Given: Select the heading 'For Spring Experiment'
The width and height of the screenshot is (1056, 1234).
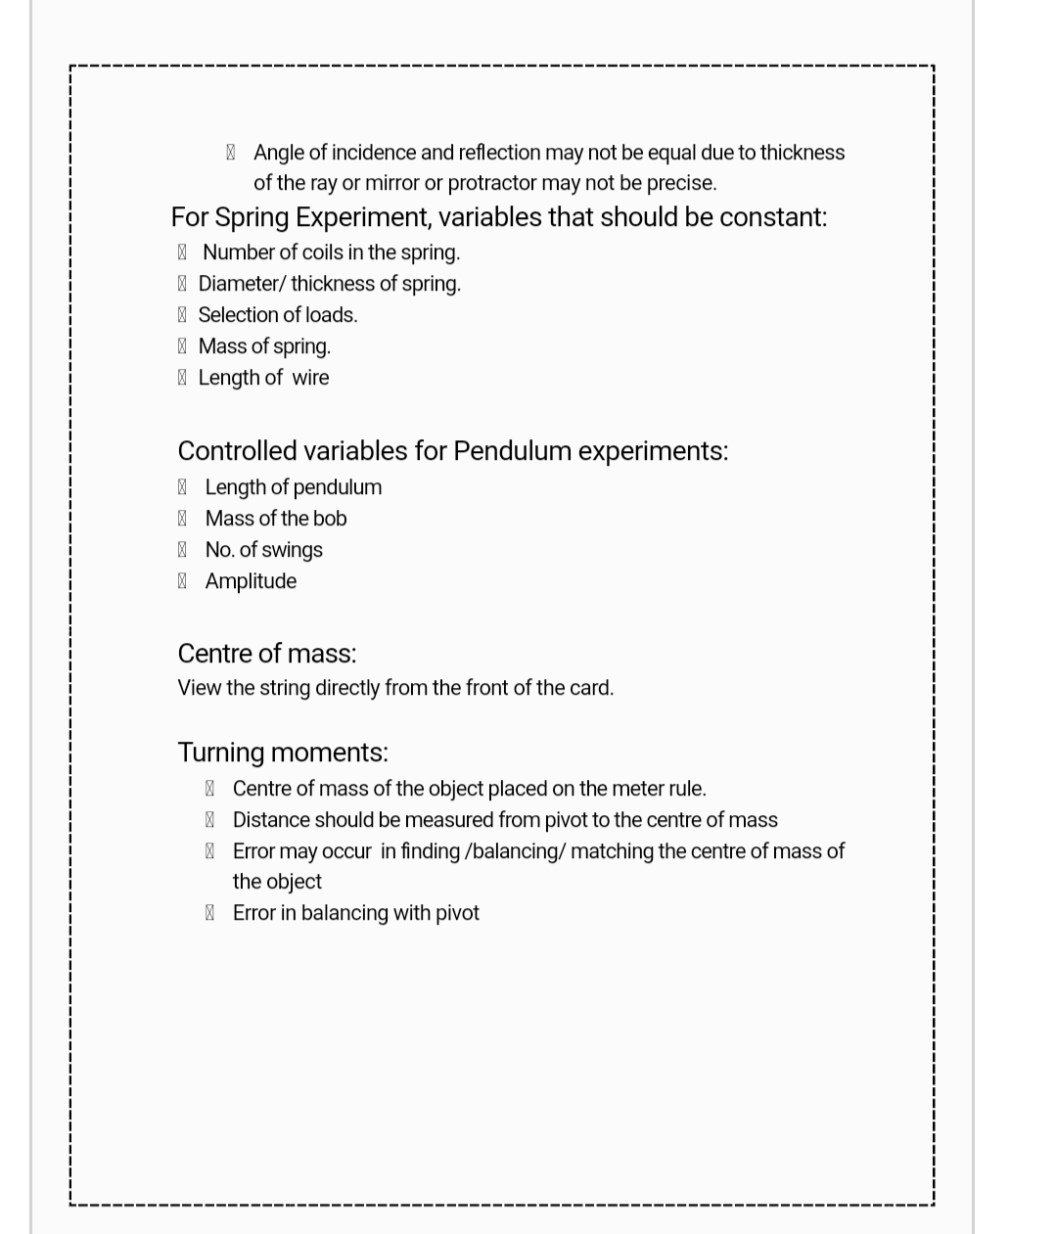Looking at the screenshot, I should click(x=498, y=217).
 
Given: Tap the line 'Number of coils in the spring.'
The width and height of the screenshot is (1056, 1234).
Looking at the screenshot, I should click(x=331, y=252).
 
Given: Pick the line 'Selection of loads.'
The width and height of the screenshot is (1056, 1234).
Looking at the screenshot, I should click(x=277, y=315).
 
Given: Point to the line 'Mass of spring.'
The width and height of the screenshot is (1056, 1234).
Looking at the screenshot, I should click(x=264, y=346).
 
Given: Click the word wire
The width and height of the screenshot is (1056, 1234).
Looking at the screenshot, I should click(x=310, y=378).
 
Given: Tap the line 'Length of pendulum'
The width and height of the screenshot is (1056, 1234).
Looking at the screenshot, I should click(x=293, y=487).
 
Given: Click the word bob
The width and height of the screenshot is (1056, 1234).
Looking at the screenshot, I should click(x=329, y=519).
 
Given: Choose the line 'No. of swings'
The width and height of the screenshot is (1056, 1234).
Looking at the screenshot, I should click(x=263, y=550).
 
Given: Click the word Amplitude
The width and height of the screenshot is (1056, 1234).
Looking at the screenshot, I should click(x=251, y=581).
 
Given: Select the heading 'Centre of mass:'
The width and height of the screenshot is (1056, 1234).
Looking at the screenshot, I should click(x=266, y=654).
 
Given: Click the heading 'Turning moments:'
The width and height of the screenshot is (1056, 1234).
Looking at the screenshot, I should click(x=283, y=753).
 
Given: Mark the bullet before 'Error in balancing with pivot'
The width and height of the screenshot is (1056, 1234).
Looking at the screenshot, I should click(x=209, y=913).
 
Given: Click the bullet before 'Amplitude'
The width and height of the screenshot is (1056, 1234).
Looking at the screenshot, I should click(x=182, y=581).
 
